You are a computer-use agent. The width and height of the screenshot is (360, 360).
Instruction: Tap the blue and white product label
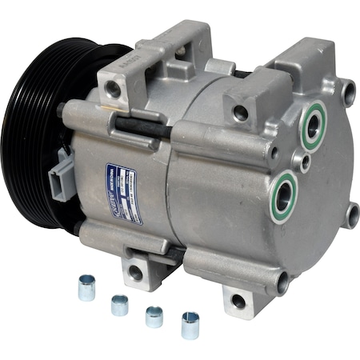pyautogui.click(x=123, y=193)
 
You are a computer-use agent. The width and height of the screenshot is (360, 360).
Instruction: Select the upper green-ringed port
pyautogui.click(x=313, y=126)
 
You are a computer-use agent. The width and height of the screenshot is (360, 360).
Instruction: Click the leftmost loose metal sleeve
pyautogui.click(x=86, y=287)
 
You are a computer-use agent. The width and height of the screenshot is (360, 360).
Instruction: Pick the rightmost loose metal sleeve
pyautogui.click(x=190, y=324)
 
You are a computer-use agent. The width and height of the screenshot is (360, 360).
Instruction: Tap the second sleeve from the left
pyautogui.click(x=120, y=304)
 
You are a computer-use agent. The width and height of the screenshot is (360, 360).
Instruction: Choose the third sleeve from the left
pyautogui.click(x=154, y=316)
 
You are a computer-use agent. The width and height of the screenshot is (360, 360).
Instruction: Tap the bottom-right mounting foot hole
pyautogui.click(x=238, y=302)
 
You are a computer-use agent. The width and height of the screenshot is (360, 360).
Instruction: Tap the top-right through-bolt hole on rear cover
pyautogui.click(x=349, y=91)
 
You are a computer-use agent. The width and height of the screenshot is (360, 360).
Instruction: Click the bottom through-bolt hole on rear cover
pyautogui.click(x=282, y=281)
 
